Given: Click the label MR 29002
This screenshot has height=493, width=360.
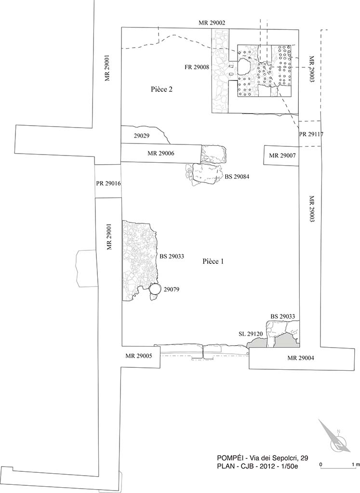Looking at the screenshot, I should point(212,23).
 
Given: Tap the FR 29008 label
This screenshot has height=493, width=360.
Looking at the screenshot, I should point(196,67).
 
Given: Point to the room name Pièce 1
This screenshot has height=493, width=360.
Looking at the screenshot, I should point(213,261).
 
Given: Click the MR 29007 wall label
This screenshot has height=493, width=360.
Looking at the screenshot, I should point(282,156).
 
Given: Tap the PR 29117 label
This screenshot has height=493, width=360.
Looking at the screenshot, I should point(311,134).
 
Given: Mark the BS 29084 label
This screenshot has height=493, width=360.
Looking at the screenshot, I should point(237,177).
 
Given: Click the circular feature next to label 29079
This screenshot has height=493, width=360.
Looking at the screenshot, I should point(155,289).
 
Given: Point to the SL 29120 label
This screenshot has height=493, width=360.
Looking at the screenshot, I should point(251,334).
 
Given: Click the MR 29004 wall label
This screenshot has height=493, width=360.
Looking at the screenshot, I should point(301,358).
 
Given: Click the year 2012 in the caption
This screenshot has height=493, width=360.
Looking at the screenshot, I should point(271,467).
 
